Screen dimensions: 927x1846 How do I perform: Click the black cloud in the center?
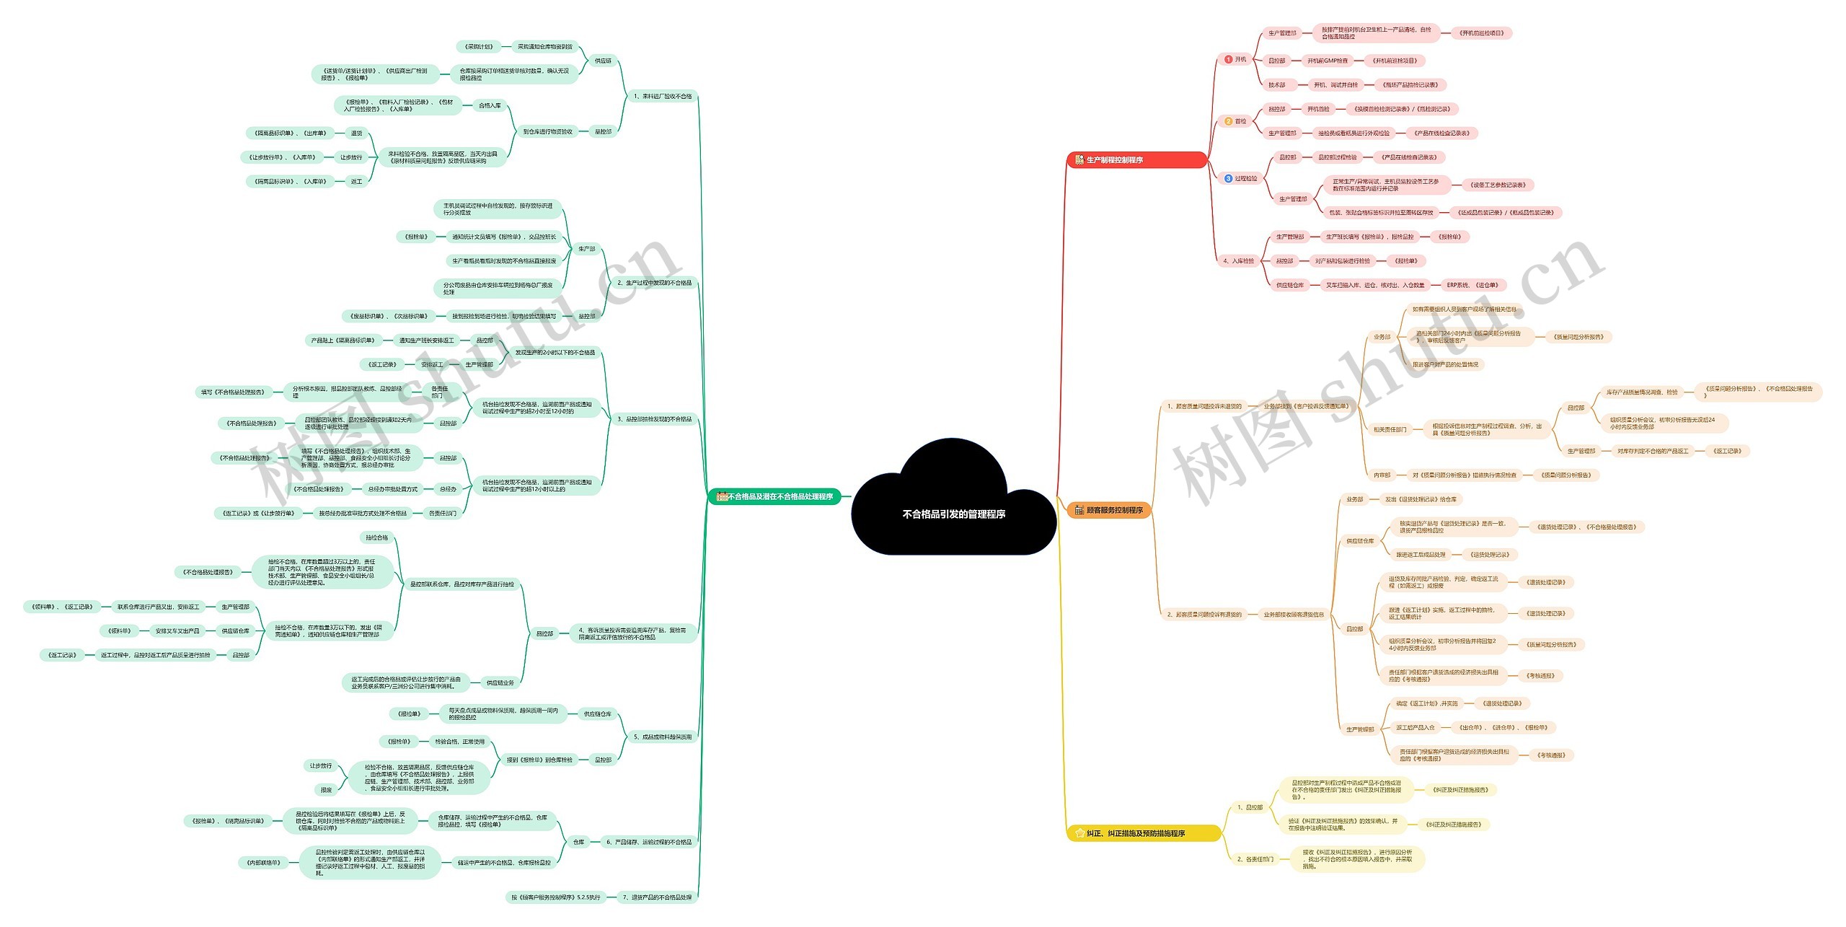(x=953, y=505)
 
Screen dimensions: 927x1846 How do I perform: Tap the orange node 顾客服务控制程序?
(x=1108, y=510)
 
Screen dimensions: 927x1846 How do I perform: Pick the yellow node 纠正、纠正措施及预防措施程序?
(x=1143, y=833)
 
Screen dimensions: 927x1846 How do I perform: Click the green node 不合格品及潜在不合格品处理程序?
(x=774, y=496)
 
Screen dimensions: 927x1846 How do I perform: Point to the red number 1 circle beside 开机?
(x=1228, y=59)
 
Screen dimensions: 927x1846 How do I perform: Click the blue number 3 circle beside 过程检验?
(x=1228, y=178)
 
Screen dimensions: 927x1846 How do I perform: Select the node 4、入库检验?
(x=1238, y=260)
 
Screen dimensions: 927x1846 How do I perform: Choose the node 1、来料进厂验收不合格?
(x=662, y=96)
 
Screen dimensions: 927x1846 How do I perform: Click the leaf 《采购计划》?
(x=479, y=47)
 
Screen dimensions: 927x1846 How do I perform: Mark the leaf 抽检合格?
(x=376, y=537)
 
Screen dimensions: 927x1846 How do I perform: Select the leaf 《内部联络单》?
(x=262, y=862)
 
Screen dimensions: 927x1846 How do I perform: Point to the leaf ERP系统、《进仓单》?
(x=1472, y=285)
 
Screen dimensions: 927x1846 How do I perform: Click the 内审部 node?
(x=1382, y=475)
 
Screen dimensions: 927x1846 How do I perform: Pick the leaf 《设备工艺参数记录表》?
(x=1497, y=185)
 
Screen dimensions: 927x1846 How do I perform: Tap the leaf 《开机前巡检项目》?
(x=1481, y=33)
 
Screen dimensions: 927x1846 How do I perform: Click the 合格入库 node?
(x=490, y=105)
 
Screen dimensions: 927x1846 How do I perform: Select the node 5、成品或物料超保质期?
(x=662, y=737)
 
